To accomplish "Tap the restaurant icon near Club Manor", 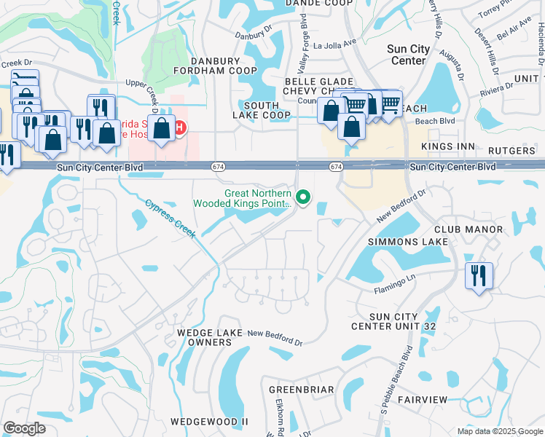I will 479,276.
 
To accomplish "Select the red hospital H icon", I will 179,128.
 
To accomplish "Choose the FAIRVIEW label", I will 421,400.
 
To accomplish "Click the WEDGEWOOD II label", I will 210,422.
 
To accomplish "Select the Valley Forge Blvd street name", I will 305,46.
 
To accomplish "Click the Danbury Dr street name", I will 254,35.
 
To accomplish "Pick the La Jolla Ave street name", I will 339,43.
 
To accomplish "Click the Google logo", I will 24,428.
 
